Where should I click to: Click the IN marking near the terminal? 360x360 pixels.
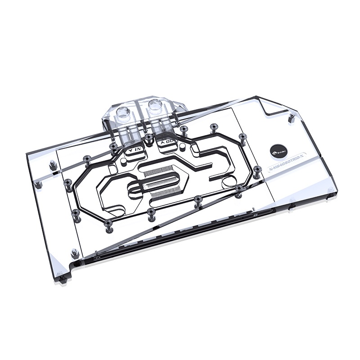[134, 147]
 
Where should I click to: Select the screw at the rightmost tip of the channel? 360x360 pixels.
[257, 169]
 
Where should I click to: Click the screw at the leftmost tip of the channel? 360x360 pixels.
[67, 182]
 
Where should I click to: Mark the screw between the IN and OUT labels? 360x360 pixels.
[148, 136]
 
